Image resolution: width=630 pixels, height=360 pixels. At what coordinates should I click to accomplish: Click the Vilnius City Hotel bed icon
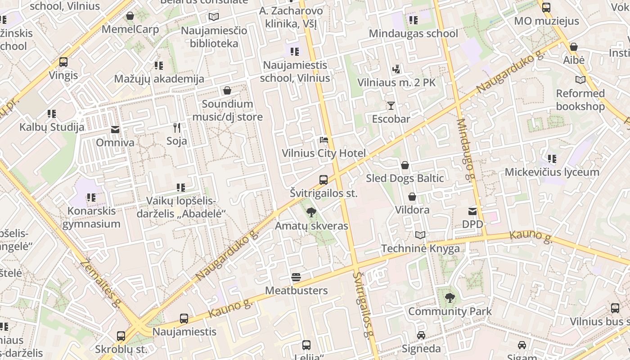tap(324, 140)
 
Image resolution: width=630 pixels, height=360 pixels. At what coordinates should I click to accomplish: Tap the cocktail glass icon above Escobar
tap(391, 106)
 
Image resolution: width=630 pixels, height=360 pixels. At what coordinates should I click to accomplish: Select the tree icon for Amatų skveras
tap(311, 212)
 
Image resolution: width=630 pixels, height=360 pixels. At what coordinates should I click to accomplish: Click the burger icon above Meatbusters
tap(296, 277)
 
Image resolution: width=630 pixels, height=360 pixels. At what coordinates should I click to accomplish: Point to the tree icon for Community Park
tap(449, 297)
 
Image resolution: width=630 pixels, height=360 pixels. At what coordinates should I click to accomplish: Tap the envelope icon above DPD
tap(472, 211)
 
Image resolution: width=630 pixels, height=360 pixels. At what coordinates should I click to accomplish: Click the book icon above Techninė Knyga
tap(420, 235)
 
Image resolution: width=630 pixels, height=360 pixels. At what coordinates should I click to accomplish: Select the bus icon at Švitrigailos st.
tap(324, 180)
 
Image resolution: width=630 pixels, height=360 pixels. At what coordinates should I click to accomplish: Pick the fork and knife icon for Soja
tap(177, 128)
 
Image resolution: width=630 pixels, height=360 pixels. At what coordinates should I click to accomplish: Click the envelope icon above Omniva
tap(115, 130)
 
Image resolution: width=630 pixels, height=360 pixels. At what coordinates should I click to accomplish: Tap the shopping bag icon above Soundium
tap(227, 90)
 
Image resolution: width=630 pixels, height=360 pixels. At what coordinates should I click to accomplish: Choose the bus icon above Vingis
tap(63, 62)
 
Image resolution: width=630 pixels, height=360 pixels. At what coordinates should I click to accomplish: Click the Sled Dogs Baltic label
tap(405, 178)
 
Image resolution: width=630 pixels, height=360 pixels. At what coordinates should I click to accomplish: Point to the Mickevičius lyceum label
tap(552, 172)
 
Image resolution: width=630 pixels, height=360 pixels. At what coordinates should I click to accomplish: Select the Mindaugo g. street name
tap(467, 148)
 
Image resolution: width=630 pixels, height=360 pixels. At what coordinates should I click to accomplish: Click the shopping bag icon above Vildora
tap(412, 197)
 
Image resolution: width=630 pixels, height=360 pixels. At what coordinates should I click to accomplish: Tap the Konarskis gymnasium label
tap(91, 217)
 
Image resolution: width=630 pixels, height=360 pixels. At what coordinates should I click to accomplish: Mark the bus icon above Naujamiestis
tap(184, 319)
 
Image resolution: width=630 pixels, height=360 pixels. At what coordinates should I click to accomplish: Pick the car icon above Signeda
tap(421, 335)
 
